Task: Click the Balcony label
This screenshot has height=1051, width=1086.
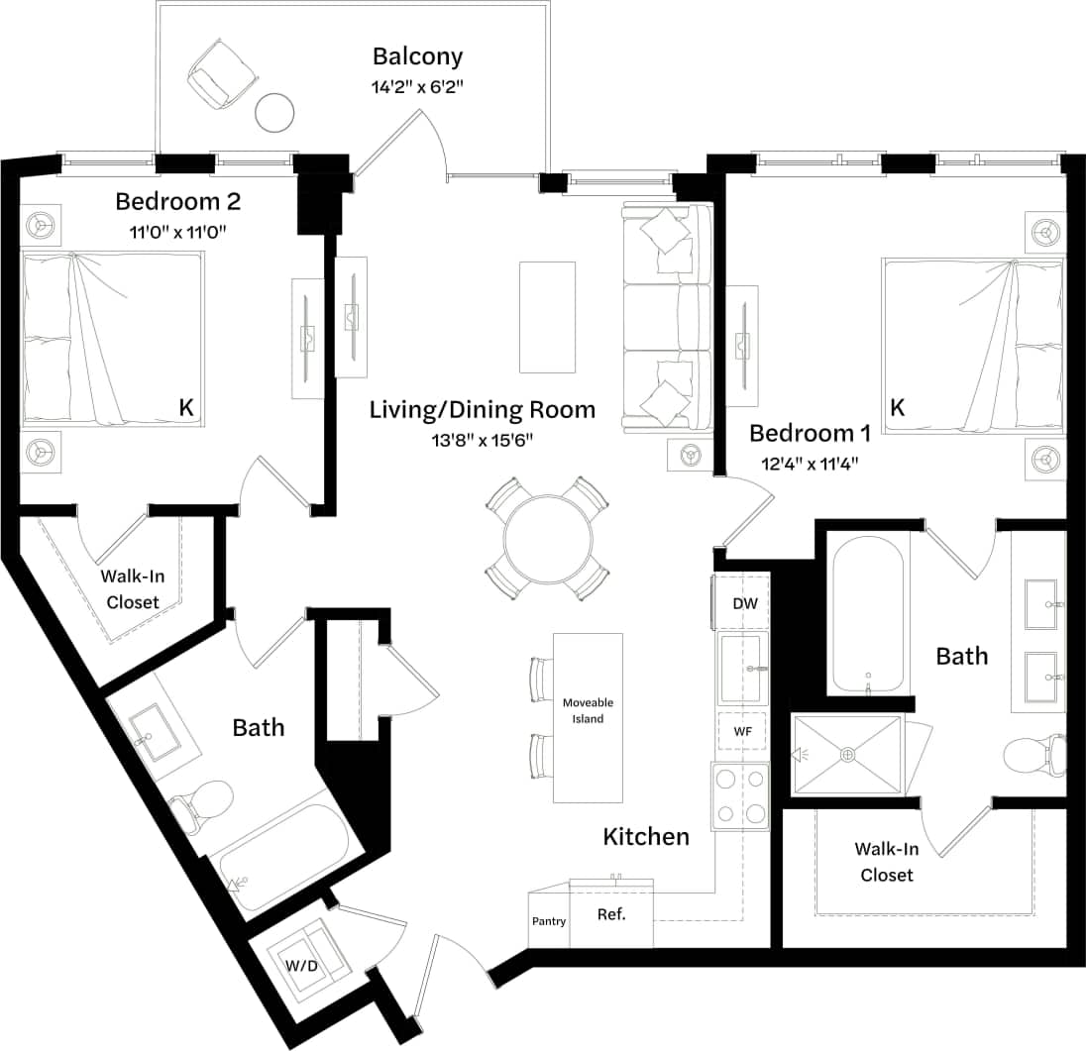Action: [417, 56]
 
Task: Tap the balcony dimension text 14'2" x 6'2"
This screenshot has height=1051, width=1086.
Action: [417, 86]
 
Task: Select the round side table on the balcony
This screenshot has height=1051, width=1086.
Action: [274, 112]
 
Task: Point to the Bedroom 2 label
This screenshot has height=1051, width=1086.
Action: [177, 202]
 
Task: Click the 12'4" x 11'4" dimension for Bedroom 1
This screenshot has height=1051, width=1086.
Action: [810, 463]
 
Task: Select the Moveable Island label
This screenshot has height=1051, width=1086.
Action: [588, 710]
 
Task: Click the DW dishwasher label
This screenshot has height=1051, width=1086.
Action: [744, 603]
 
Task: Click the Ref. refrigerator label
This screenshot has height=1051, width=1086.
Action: [611, 914]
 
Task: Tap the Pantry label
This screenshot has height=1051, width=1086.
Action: [549, 921]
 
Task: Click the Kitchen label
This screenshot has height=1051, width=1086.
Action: [646, 837]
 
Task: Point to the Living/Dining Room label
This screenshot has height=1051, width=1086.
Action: [483, 409]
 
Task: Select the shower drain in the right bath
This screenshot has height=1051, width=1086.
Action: [847, 755]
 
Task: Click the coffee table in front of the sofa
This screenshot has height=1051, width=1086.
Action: [547, 317]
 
